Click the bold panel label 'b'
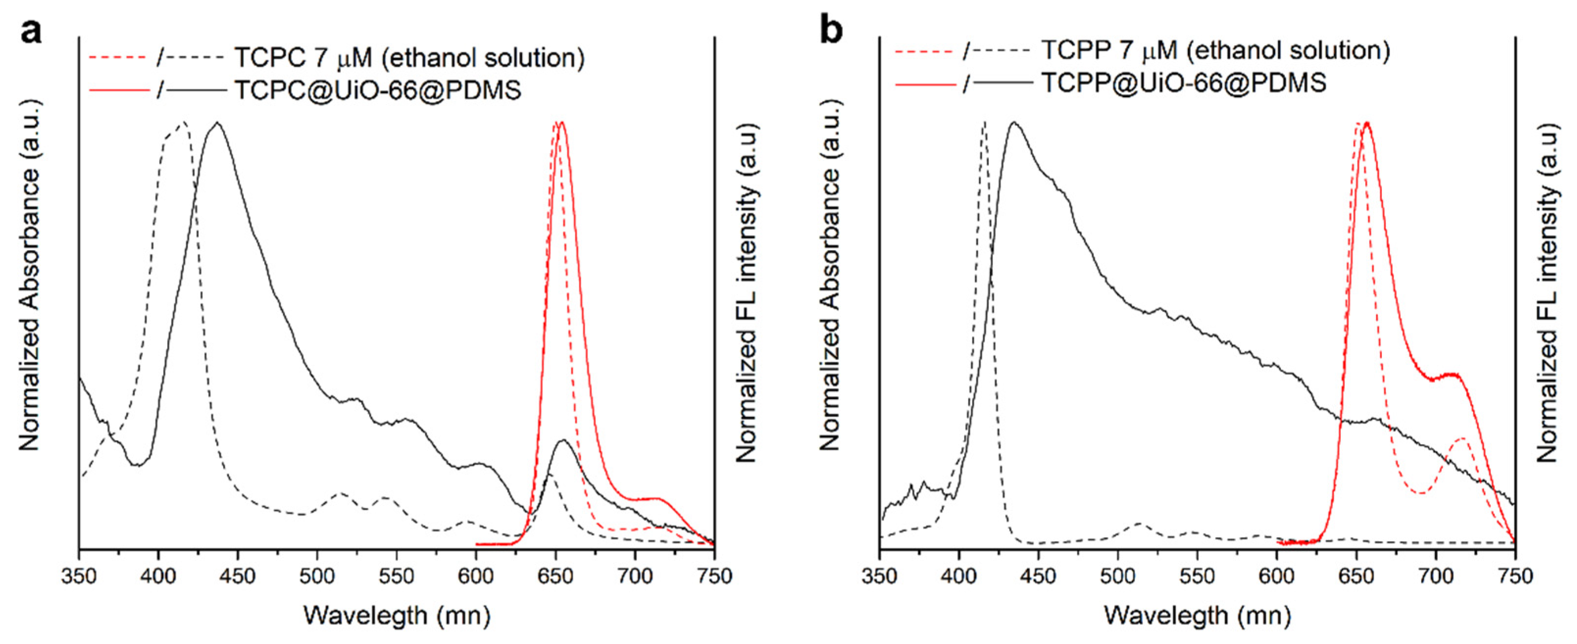click(831, 30)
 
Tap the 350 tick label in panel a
click(79, 577)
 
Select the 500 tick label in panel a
click(317, 577)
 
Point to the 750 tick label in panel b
click(1515, 577)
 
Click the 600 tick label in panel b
click(1277, 577)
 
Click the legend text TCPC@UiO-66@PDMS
click(378, 91)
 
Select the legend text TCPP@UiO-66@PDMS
click(1184, 83)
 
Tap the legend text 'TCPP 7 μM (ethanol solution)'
click(1216, 50)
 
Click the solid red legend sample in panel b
click(925, 83)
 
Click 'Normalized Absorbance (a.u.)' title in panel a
click(29, 275)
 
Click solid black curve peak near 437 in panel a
click(216, 123)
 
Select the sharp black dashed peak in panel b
click(984, 123)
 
